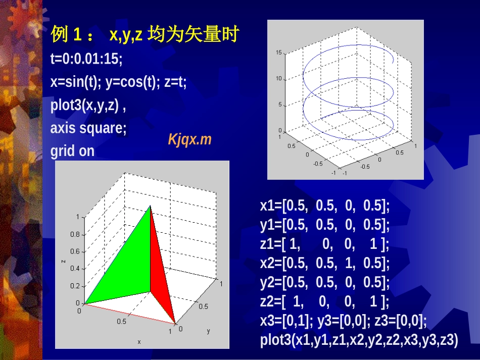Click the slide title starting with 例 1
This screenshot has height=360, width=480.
tap(144, 35)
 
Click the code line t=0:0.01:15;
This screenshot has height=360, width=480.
tap(86, 59)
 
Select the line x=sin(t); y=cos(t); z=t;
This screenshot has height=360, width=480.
tap(118, 82)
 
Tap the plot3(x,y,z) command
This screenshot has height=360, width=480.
tap(88, 106)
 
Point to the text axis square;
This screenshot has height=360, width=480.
tap(88, 128)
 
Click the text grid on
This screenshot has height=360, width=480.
tap(72, 151)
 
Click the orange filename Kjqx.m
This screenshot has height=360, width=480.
tap(189, 140)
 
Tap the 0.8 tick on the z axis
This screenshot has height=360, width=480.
tap(75, 234)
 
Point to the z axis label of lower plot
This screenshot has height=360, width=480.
tap(63, 261)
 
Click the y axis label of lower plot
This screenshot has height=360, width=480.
tap(208, 331)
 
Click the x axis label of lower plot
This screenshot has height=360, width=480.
tap(139, 342)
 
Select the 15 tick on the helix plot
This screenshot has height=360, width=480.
tap(278, 53)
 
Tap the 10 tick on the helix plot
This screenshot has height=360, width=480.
tap(278, 79)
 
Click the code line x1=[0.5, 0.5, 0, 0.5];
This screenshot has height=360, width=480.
tap(325, 205)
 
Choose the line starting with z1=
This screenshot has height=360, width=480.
tap(324, 244)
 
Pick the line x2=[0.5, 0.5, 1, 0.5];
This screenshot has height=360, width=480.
tap(325, 264)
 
